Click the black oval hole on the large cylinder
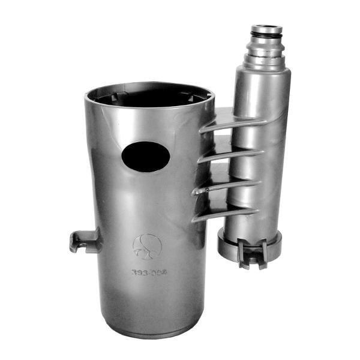tap(146, 157)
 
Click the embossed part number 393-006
tap(148, 272)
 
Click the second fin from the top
tap(230, 155)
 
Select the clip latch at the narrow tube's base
tap(252, 253)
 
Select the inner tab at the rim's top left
tap(119, 95)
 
